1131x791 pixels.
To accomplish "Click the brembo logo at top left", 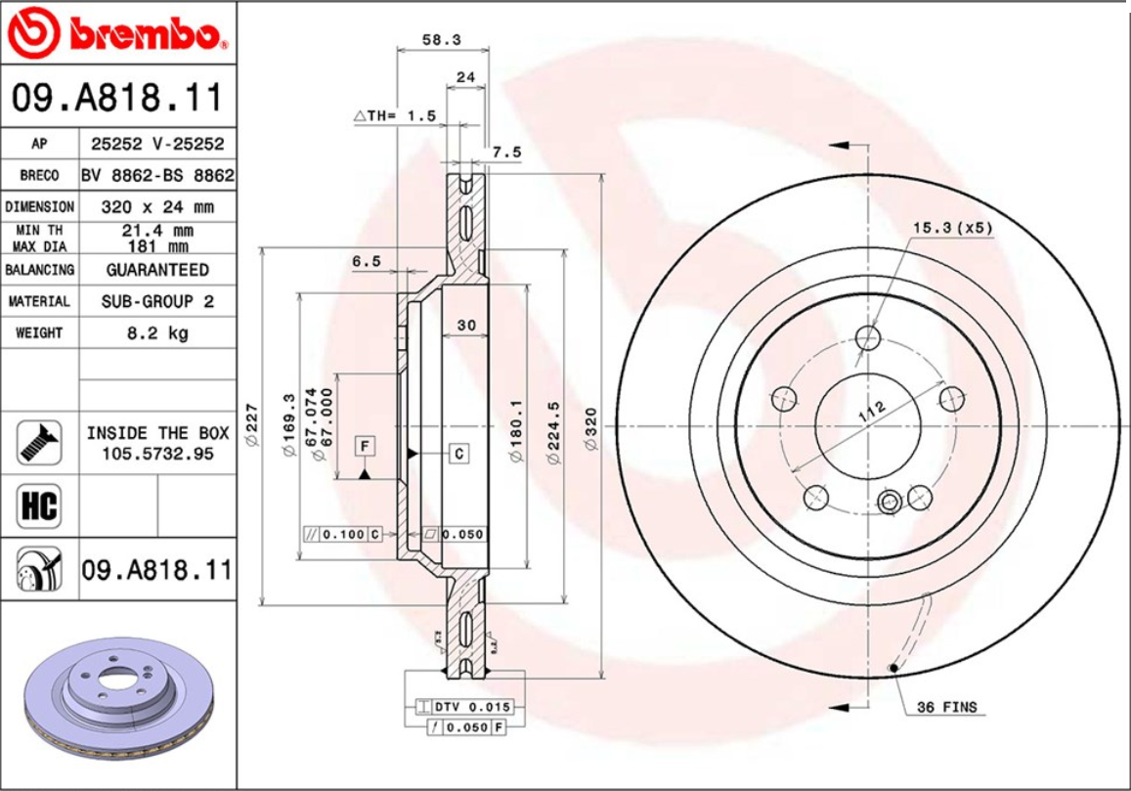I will click(117, 33).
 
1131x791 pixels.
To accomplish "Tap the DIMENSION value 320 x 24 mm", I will click(157, 207).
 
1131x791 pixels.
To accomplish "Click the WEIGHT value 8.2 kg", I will click(157, 332).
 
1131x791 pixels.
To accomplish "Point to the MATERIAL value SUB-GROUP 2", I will click(157, 301).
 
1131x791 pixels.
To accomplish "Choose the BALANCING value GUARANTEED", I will click(157, 269).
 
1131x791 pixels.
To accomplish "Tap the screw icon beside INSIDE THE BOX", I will click(39, 442).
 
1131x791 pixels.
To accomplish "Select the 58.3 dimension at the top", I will click(441, 40).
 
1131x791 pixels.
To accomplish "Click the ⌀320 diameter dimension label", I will click(590, 427).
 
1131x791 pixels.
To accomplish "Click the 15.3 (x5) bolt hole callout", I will click(952, 228).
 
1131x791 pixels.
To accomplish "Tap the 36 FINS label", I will click(945, 707).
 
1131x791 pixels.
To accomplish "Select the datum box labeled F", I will click(365, 447).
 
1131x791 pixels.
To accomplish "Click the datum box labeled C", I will click(458, 454).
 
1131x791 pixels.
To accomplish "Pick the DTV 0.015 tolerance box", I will click(464, 707).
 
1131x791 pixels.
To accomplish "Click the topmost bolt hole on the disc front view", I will click(867, 338).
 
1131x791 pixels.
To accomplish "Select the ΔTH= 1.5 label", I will click(394, 115).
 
